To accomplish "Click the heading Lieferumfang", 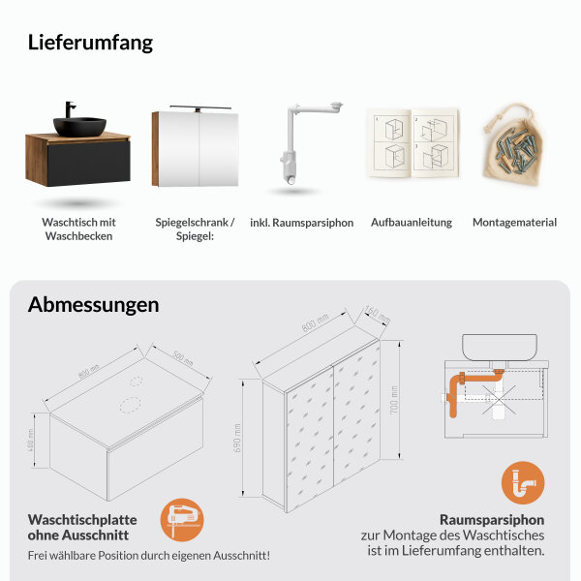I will tap(90, 43).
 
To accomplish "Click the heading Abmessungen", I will tap(93, 304).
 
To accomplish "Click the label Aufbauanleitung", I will tap(412, 223).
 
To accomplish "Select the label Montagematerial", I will tap(514, 223).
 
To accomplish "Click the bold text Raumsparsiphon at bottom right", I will tap(492, 519).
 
